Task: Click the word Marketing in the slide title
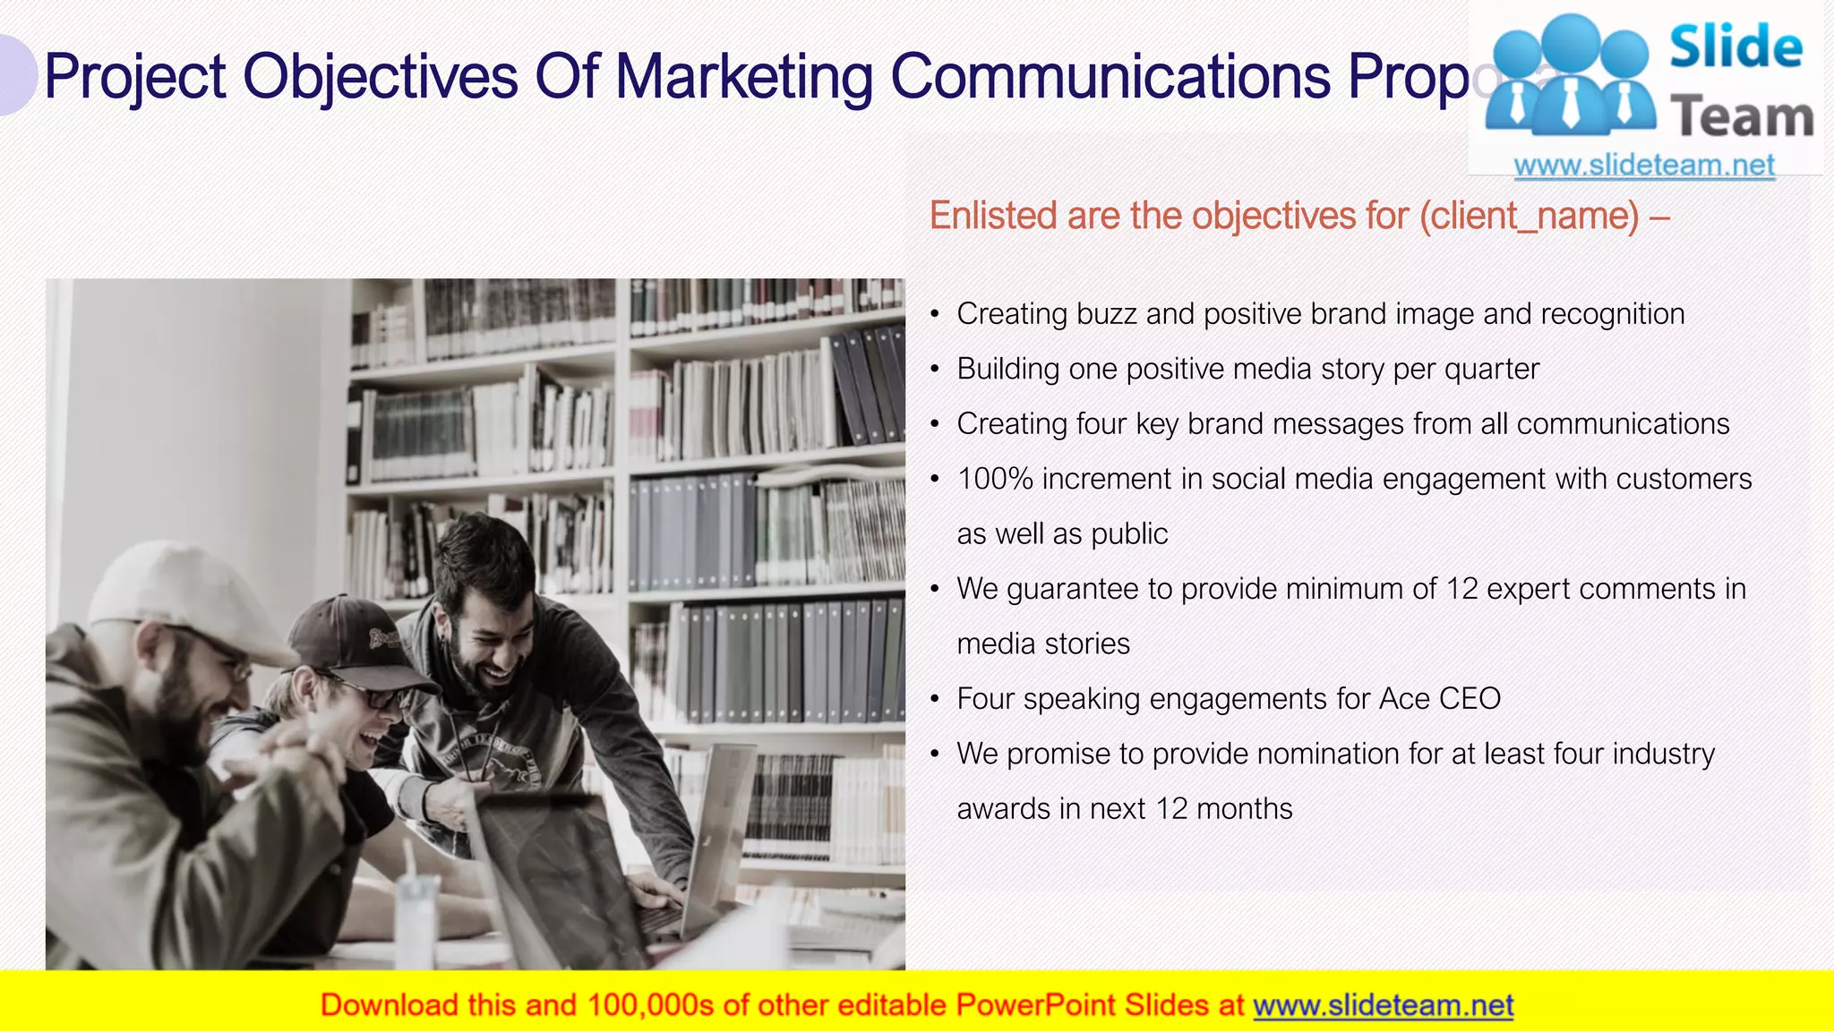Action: coord(743,77)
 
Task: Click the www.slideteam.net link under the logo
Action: coord(1644,166)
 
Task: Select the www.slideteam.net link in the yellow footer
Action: coord(1383,1006)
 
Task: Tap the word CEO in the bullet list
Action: coord(1470,699)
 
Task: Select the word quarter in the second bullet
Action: coord(1491,370)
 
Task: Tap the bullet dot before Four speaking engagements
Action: coord(935,700)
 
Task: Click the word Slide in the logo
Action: coord(1735,47)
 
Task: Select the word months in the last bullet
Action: coord(1244,809)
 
